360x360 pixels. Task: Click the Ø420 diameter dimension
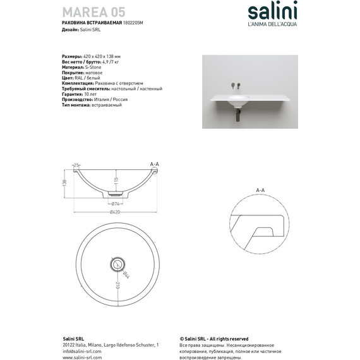click(x=116, y=212)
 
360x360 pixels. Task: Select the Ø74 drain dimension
click(x=116, y=203)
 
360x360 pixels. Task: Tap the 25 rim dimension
click(x=76, y=165)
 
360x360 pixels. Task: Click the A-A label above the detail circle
click(x=260, y=189)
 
